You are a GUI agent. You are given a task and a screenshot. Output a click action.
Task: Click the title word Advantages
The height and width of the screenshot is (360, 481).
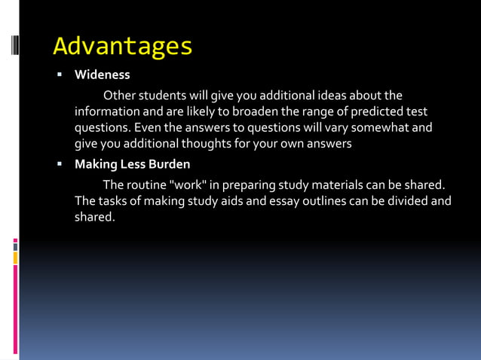123,47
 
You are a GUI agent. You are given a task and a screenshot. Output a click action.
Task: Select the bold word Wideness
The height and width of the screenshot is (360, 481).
103,75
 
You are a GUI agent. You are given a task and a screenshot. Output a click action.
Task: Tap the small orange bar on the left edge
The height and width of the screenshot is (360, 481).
15,258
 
